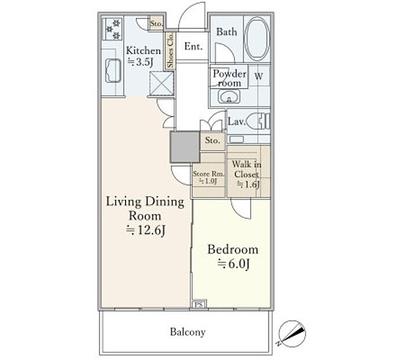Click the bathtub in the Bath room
tap(257, 39)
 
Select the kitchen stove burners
tap(113, 29)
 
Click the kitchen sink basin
tap(113, 71)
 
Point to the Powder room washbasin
tap(229, 97)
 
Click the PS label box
tap(198, 304)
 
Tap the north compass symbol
tap(292, 333)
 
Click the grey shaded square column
tap(185, 147)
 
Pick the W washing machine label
tap(259, 76)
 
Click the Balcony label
tap(188, 332)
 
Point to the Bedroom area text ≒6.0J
tap(234, 264)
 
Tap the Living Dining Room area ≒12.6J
tap(145, 230)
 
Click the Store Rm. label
tap(209, 174)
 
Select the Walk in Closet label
tap(246, 169)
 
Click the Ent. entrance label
tap(193, 46)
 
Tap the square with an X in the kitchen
tap(161, 84)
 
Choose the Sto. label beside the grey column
tap(212, 140)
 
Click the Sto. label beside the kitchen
tap(157, 24)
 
